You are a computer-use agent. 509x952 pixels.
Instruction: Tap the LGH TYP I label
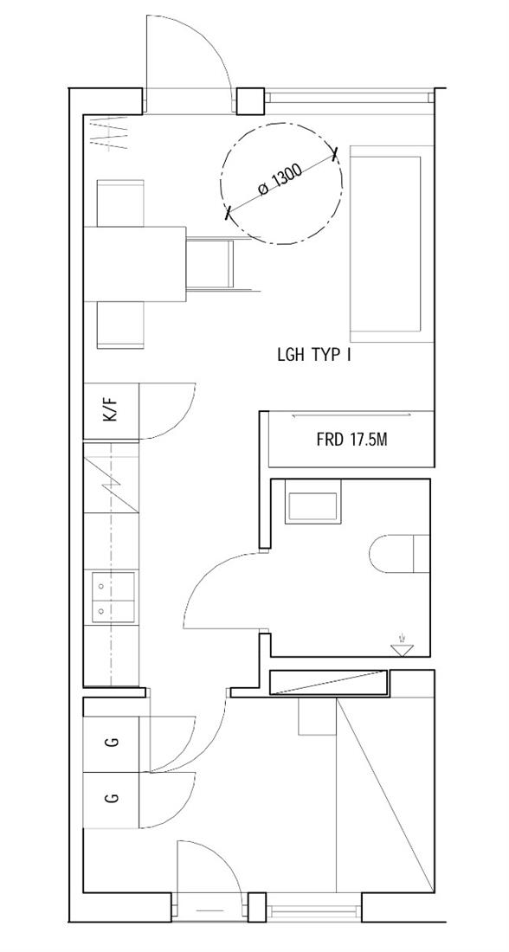[314, 356]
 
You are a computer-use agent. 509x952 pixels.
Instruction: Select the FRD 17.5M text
[351, 440]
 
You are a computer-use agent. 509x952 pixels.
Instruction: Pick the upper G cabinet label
[111, 742]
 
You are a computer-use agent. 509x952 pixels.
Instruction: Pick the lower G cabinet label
[111, 798]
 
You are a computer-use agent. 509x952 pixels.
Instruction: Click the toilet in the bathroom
[399, 554]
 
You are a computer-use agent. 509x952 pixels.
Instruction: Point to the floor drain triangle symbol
[401, 649]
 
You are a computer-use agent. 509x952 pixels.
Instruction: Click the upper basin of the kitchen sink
[113, 587]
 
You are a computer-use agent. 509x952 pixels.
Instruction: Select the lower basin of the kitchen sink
[113, 612]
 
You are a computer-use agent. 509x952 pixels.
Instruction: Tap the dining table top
[134, 263]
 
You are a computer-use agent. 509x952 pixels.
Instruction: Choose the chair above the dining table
[120, 203]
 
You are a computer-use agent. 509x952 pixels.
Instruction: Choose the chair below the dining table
[120, 325]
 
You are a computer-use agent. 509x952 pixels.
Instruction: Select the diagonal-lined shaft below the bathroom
[329, 683]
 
